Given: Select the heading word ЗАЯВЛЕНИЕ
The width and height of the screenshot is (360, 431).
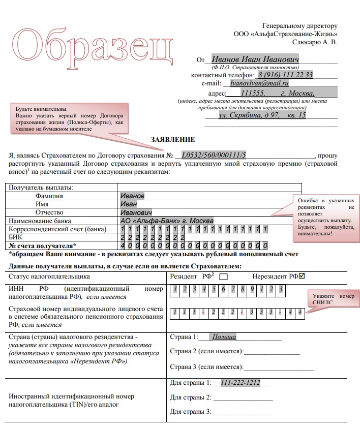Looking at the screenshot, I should (x=173, y=139).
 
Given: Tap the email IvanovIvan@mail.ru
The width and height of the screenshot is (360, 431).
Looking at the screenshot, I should (x=259, y=83).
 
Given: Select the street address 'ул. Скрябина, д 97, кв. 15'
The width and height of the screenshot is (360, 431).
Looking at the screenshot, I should (x=262, y=115).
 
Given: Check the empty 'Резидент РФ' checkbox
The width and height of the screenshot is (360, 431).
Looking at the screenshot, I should (x=223, y=277).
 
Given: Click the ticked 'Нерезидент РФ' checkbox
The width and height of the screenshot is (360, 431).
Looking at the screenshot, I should (x=302, y=276).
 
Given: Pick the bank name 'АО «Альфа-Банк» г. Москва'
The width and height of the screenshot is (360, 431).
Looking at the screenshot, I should (x=167, y=221).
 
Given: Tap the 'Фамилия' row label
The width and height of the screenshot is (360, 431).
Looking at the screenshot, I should (x=49, y=196).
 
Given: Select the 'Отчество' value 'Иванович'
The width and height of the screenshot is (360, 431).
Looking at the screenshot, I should (x=136, y=212).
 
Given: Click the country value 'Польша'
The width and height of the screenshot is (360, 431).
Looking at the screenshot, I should (x=224, y=337).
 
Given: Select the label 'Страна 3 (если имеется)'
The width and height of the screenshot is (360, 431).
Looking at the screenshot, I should (x=206, y=366).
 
